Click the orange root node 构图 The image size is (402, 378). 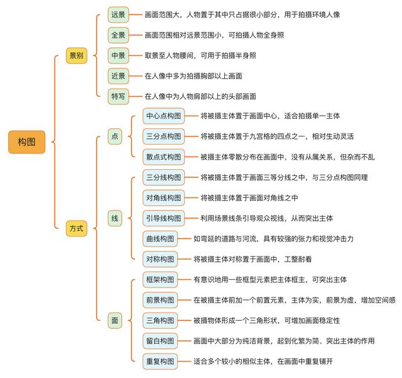coord(26,142)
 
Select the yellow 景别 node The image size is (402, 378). coord(77,55)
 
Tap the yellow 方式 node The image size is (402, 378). coord(77,228)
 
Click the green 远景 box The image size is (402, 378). coord(118,14)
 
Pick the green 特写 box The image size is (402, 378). coord(118,97)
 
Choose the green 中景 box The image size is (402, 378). coord(118,55)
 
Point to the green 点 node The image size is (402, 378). coord(114,136)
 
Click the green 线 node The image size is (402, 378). coord(114,218)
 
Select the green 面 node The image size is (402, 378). coord(114,321)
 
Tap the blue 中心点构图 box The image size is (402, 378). coord(163,116)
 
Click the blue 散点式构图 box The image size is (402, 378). coord(163,157)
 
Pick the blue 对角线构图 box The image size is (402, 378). coord(163,197)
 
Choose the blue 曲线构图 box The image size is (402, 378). coord(160,238)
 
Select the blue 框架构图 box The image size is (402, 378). coord(160,280)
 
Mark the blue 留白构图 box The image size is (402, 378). coord(160,341)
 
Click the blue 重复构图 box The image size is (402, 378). coord(160,362)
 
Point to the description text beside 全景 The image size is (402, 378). coord(214,35)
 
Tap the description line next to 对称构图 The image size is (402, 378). coord(253,259)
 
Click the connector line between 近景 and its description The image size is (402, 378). coord(136,76)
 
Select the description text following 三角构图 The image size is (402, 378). coord(266,321)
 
